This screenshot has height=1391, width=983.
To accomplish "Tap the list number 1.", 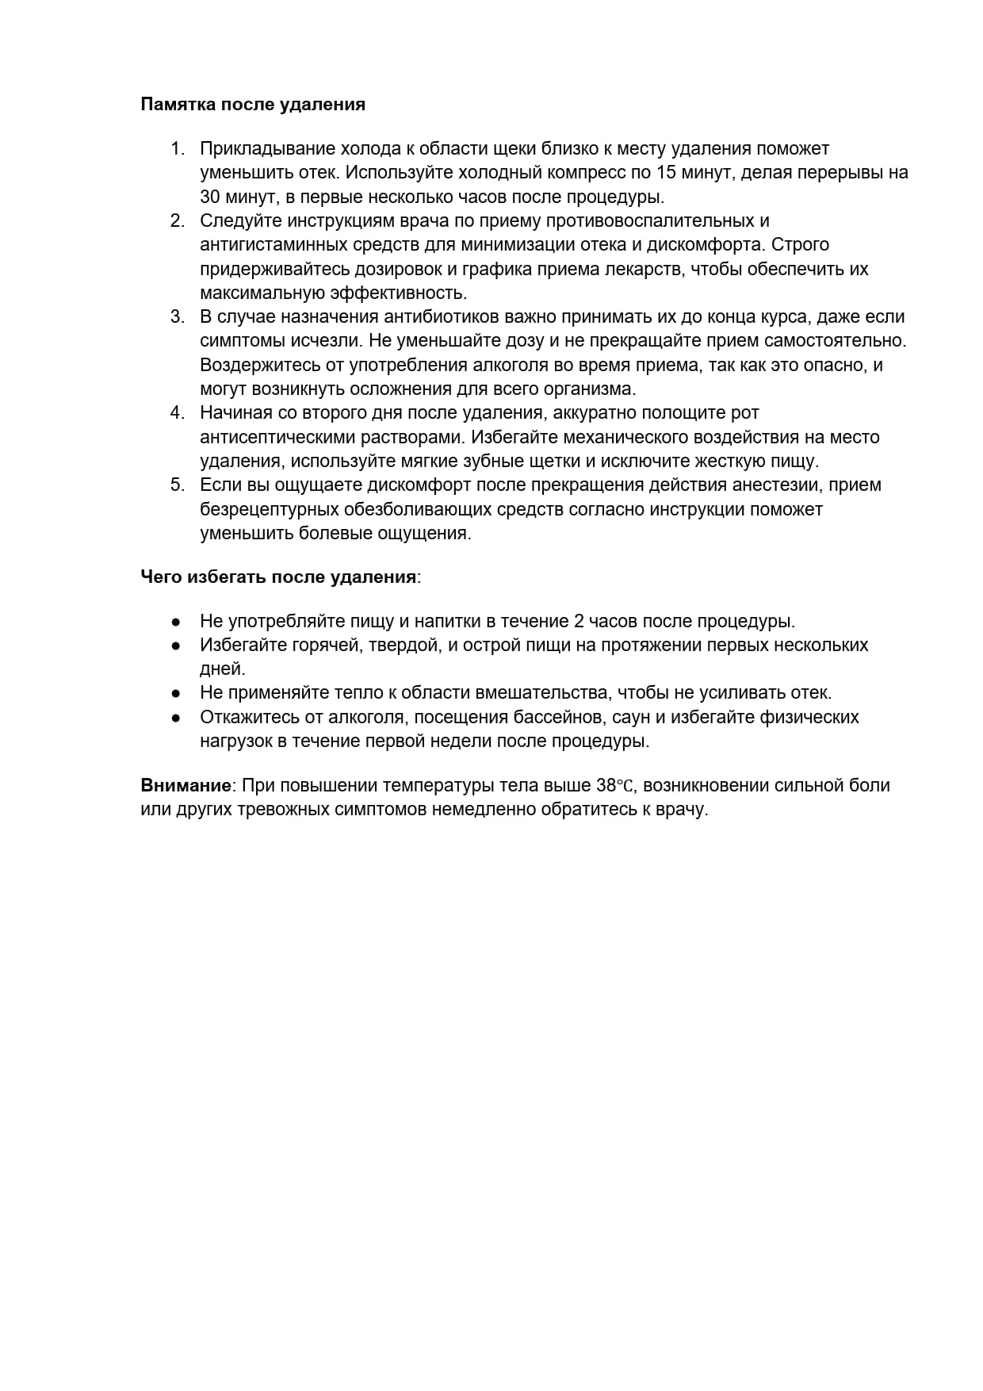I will (x=177, y=149).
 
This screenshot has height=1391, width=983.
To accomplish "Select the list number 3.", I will (x=177, y=317).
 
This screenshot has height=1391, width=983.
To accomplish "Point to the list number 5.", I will (x=177, y=485).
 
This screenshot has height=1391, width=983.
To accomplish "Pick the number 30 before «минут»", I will (x=210, y=197).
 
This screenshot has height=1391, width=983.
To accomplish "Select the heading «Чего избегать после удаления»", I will (x=278, y=577).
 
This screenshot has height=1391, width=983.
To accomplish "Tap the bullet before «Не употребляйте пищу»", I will (x=177, y=622).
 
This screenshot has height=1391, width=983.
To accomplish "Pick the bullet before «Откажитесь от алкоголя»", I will (x=177, y=718).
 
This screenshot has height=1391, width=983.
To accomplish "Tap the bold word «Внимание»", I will (x=186, y=786).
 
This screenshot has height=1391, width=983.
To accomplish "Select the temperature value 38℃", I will (x=615, y=786).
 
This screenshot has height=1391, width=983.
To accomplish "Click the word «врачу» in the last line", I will (x=683, y=810).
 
